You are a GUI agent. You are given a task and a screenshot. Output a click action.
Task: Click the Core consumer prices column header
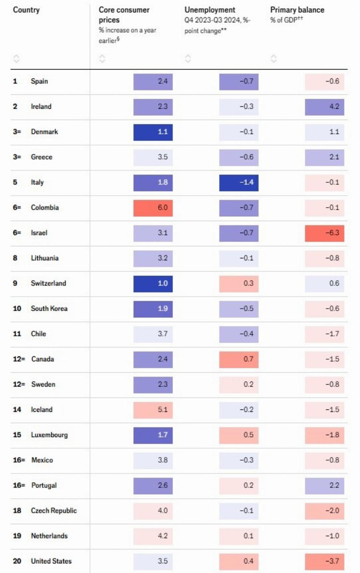click(x=124, y=15)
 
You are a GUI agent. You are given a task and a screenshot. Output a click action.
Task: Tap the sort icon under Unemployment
click(x=188, y=59)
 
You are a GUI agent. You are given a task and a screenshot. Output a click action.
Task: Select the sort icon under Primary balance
click(x=274, y=59)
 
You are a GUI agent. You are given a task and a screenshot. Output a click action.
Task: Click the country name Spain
click(x=39, y=81)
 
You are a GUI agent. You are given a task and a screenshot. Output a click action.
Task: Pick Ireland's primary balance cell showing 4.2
click(x=324, y=107)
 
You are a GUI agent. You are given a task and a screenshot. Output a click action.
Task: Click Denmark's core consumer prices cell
click(x=153, y=132)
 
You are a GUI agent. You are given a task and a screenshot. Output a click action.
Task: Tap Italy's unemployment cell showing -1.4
click(x=239, y=182)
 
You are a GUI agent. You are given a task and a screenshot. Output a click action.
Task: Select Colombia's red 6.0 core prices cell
click(x=153, y=208)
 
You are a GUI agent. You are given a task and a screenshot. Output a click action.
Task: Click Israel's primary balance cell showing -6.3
click(x=324, y=233)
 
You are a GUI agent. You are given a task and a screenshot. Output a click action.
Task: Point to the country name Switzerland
click(x=48, y=283)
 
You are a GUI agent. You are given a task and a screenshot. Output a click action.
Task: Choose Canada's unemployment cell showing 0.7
click(x=239, y=359)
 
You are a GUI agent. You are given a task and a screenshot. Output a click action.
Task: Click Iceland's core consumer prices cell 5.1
click(x=153, y=409)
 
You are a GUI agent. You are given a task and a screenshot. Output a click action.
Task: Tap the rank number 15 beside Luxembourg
click(x=17, y=435)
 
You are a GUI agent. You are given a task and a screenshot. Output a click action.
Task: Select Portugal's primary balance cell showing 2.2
click(x=324, y=485)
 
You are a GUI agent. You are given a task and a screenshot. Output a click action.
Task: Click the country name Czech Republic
click(x=54, y=511)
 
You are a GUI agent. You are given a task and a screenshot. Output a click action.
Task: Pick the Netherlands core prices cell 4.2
click(x=153, y=536)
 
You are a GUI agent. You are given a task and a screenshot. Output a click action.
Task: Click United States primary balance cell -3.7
click(x=324, y=561)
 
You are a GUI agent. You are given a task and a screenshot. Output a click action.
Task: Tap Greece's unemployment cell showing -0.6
click(x=239, y=157)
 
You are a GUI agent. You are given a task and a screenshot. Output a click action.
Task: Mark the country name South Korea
click(x=49, y=308)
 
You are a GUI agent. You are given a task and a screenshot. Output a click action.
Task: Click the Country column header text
click(x=26, y=10)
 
